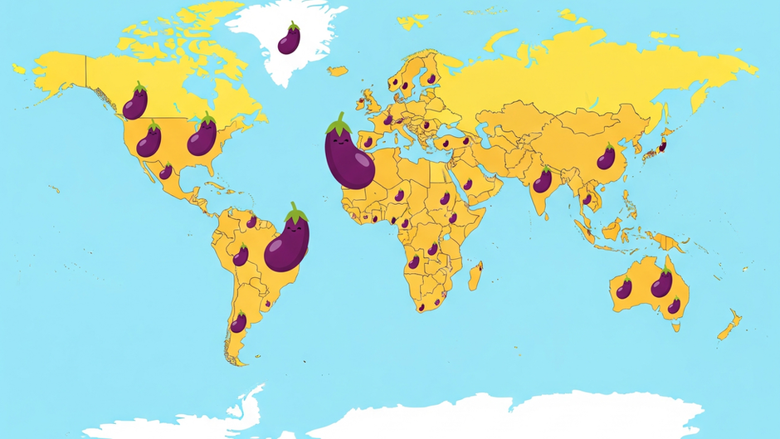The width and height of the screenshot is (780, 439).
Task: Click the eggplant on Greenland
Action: pos(289,39)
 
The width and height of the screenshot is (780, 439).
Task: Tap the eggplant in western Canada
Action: pos(135,103)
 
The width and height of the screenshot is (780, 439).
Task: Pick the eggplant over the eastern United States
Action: pos(202,136)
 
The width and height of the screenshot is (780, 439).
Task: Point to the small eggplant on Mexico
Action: pos(166,171)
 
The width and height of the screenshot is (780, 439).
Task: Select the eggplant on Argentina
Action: pos(238,322)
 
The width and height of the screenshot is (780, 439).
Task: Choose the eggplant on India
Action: pos(542,180)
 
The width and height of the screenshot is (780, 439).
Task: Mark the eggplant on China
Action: pos(607,157)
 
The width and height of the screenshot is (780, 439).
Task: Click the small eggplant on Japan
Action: pos(661,147)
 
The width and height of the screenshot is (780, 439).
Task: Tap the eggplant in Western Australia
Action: pos(624,288)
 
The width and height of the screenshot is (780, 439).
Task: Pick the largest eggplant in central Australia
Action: pos(661,284)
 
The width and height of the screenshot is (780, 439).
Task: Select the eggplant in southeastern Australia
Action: pos(674,305)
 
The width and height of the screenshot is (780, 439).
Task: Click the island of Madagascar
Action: pos(475,276)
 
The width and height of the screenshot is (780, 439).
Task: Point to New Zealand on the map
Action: pos(729,325)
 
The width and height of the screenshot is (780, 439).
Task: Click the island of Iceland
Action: pos(337,71)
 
